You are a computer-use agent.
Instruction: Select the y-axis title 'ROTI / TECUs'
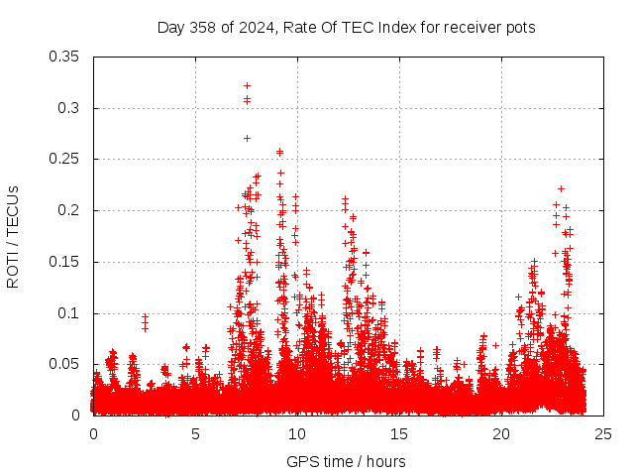(x=13, y=236)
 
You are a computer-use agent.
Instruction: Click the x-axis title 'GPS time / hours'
(x=346, y=461)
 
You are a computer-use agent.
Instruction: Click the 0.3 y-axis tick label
(x=71, y=108)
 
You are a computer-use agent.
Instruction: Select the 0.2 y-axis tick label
(x=71, y=210)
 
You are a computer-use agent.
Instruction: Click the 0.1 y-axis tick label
(x=71, y=313)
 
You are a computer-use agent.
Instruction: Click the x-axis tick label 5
(x=196, y=433)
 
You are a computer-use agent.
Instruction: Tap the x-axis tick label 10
(x=298, y=433)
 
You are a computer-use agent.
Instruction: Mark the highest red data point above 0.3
(x=247, y=85)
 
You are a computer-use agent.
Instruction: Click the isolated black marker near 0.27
(x=247, y=138)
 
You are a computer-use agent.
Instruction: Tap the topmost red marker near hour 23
(x=561, y=188)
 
